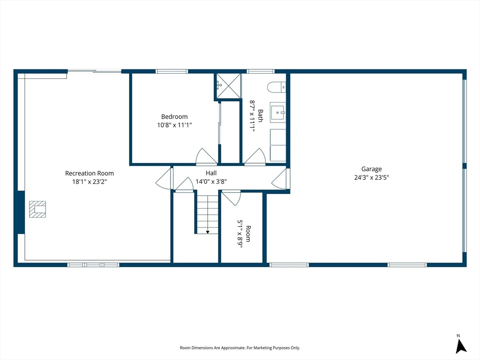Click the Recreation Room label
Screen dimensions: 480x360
pos(90,173)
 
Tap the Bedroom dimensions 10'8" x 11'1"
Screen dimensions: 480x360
pos(174,125)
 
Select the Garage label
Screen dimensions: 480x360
pos(371,169)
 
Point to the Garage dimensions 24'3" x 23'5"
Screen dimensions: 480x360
pos(371,177)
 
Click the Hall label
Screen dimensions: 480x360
pos(211,173)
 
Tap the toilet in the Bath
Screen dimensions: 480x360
pos(277,87)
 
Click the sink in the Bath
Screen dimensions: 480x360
pos(277,112)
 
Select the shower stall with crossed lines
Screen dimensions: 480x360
pos(229,86)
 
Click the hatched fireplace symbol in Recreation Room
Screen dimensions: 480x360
pos(37,210)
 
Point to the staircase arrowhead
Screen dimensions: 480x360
pos(208,232)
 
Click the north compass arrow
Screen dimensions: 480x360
pos(460,346)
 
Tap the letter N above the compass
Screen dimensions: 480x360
pos(458,336)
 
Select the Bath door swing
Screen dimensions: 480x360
pos(255,156)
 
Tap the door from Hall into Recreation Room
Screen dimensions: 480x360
pos(164,179)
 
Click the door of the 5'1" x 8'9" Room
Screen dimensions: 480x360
pos(231,198)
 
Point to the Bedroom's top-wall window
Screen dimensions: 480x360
pos(172,71)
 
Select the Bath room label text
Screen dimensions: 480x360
pos(261,116)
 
